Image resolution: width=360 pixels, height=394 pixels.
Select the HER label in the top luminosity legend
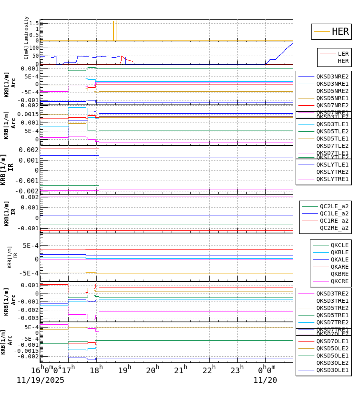(x=340, y=32)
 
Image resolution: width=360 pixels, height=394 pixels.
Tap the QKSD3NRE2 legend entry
(x=332, y=76)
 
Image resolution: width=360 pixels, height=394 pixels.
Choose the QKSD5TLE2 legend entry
(x=332, y=131)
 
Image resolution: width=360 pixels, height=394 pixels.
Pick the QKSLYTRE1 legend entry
(x=332, y=179)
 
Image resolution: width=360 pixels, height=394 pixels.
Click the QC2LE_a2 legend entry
(x=334, y=206)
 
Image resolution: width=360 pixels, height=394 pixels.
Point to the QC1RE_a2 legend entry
(x=334, y=221)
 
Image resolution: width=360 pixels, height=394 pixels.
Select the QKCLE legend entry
(x=339, y=245)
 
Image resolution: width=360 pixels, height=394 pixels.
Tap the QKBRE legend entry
(x=339, y=274)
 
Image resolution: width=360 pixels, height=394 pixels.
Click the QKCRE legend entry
(x=339, y=281)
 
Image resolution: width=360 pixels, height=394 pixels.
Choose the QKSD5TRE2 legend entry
(x=332, y=308)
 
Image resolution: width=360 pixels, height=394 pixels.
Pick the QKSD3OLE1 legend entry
(x=332, y=370)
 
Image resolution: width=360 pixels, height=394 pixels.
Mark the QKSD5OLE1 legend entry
(x=332, y=356)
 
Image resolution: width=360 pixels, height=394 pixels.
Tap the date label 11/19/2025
(x=40, y=380)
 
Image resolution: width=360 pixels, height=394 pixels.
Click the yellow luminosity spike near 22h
(x=205, y=30)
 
